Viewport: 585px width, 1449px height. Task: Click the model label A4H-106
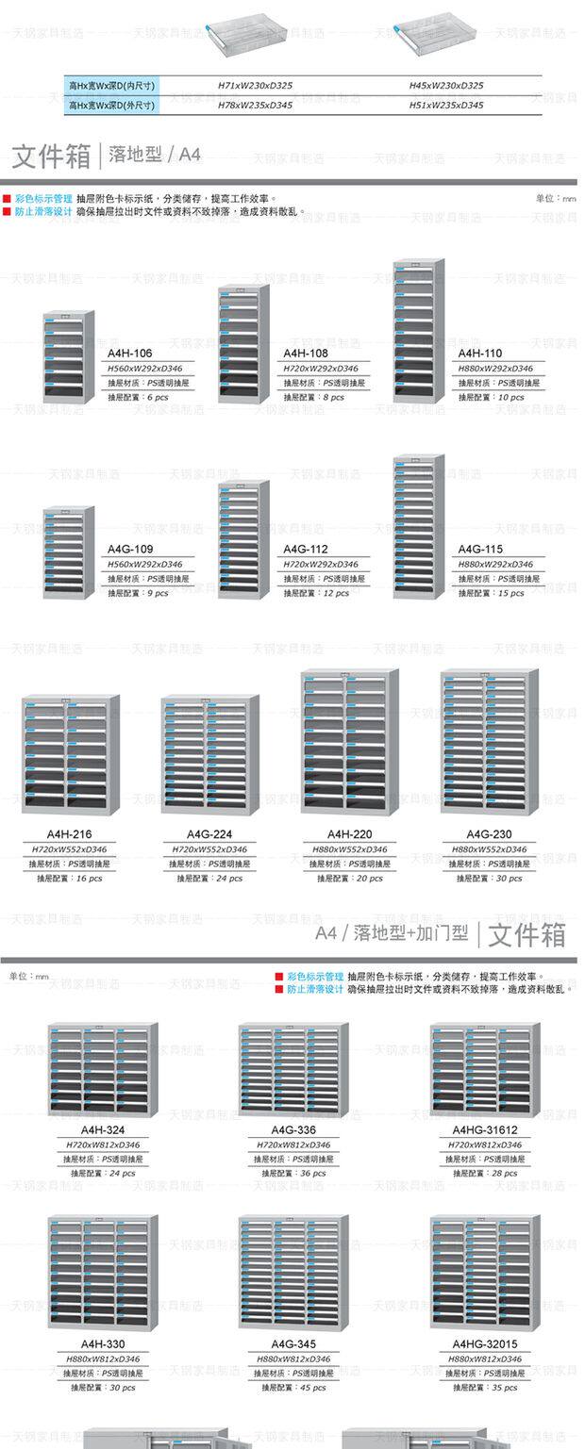click(129, 353)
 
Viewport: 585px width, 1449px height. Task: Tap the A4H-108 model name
click(305, 353)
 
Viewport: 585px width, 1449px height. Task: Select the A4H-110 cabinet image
click(419, 331)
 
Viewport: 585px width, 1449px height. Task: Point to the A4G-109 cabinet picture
click(69, 552)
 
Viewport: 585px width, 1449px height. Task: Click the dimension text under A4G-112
click(321, 564)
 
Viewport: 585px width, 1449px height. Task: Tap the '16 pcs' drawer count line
click(70, 878)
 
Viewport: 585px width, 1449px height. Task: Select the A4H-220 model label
click(348, 834)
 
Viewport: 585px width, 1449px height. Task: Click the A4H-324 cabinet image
click(103, 1071)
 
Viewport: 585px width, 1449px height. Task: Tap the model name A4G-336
click(293, 1129)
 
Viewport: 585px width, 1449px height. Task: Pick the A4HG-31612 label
click(485, 1129)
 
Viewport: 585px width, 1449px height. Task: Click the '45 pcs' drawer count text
click(294, 1387)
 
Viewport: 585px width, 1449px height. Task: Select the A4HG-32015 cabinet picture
click(485, 1273)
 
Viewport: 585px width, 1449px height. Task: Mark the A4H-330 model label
click(103, 1343)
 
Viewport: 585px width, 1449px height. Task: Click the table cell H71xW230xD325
click(255, 85)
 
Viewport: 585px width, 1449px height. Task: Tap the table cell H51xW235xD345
click(446, 105)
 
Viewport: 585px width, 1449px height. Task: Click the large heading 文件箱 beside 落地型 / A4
click(51, 156)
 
